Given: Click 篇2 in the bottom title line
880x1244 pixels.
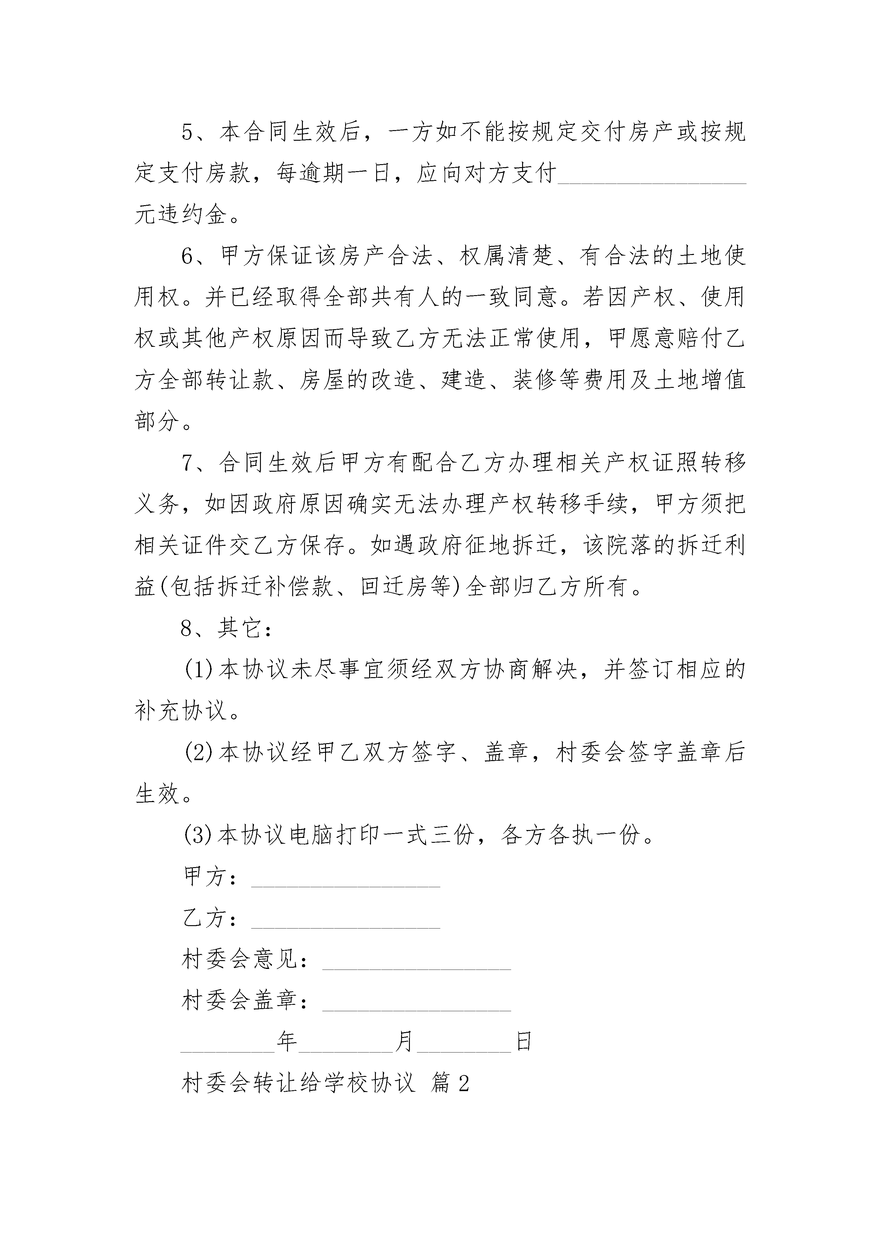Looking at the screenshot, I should point(449,1084).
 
